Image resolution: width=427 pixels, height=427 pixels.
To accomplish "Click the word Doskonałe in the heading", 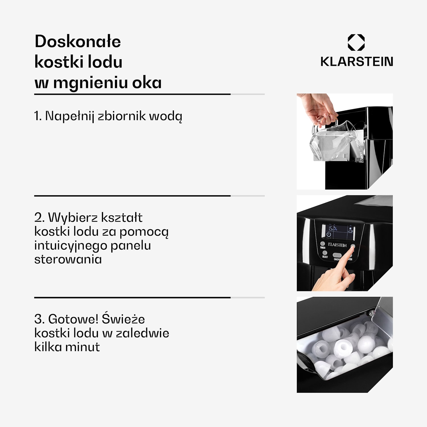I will pyautogui.click(x=78, y=42).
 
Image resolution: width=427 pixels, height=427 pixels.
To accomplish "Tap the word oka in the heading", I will pyautogui.click(x=147, y=83).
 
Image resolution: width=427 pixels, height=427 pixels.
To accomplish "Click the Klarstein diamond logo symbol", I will pyautogui.click(x=356, y=43).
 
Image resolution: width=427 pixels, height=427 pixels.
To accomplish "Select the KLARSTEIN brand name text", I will pyautogui.click(x=357, y=62).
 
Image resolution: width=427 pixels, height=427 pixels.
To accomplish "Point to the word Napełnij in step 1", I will pyautogui.click(x=69, y=116).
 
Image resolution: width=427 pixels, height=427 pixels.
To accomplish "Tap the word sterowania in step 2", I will pyautogui.click(x=68, y=259).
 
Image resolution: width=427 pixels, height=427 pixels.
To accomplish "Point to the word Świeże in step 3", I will pyautogui.click(x=123, y=319).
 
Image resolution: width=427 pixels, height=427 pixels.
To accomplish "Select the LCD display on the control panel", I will pyautogui.click(x=338, y=232).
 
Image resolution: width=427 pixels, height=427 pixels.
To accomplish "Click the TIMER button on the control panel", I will pyautogui.click(x=323, y=244).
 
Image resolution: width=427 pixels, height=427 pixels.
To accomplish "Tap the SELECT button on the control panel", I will pyautogui.click(x=325, y=253).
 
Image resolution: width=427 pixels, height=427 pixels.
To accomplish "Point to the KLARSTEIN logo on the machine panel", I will pyautogui.click(x=337, y=245).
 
